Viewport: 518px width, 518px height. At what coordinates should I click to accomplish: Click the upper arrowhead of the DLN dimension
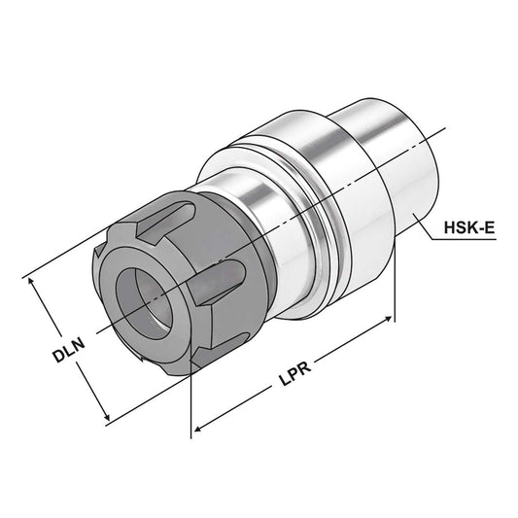coord(36,279)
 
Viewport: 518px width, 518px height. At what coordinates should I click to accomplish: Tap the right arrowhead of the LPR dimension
coord(391,319)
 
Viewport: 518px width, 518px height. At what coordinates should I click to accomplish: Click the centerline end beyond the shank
coord(445,130)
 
